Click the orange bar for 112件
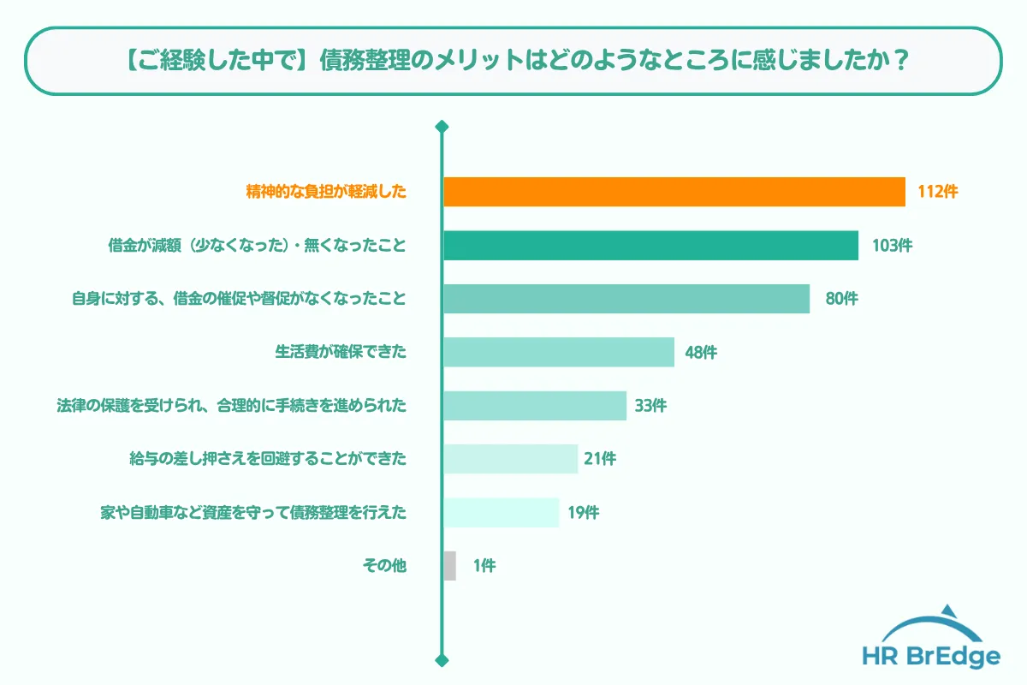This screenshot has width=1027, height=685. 674,192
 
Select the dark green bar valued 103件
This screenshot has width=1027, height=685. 650,245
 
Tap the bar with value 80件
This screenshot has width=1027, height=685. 626,299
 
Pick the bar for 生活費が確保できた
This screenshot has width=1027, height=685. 558,352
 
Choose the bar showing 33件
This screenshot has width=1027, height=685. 534,406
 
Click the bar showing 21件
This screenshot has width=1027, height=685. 510,459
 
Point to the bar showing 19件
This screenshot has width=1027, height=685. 501,512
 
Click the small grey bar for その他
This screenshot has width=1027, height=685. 450,566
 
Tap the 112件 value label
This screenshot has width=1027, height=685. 937,192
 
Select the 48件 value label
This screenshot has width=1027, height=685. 701,352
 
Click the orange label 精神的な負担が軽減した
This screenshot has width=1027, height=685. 326,192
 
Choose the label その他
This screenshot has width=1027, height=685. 384,566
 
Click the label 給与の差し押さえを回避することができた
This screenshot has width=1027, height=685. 267,459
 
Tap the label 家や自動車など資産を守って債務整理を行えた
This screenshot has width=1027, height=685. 254,512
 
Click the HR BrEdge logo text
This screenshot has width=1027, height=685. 932,657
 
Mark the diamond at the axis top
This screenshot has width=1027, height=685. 442,128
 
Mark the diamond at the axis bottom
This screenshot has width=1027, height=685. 442,660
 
